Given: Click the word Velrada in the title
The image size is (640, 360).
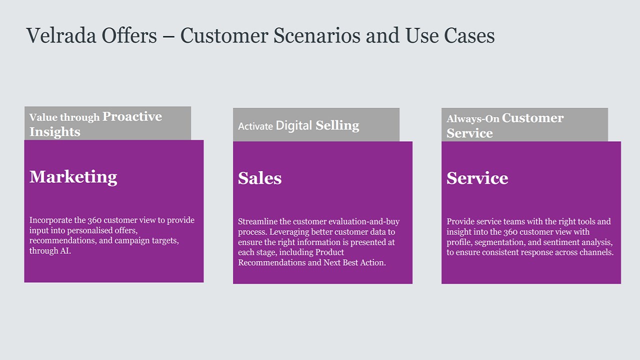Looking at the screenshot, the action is click(x=61, y=35).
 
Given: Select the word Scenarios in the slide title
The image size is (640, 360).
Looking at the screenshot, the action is click(x=317, y=35).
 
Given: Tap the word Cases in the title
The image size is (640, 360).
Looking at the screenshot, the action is click(x=469, y=35).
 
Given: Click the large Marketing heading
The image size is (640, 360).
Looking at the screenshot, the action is click(x=73, y=177).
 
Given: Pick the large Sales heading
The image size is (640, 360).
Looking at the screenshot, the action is click(x=259, y=178).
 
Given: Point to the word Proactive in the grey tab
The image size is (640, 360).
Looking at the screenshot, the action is click(x=132, y=116).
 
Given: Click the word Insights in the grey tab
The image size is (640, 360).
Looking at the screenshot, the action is click(x=55, y=132).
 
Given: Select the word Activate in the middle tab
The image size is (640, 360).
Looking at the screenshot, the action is click(x=255, y=126).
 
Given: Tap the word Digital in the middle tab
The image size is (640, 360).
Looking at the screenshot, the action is click(x=293, y=125).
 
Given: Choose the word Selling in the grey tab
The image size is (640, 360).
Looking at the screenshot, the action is click(x=337, y=125).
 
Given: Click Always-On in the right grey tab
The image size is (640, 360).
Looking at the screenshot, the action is click(x=473, y=119).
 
